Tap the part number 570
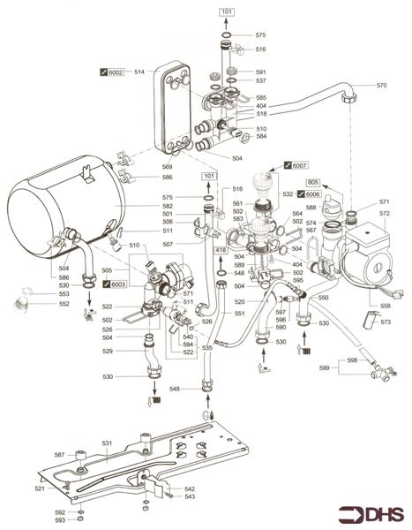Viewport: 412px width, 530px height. point(381,86)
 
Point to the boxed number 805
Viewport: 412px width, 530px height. point(312,182)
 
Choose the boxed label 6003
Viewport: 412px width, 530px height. point(116,284)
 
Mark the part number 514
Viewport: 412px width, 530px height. point(139,71)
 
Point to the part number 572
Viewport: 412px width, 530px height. point(385,214)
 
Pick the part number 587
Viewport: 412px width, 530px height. point(59,455)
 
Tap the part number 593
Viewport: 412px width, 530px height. point(59,520)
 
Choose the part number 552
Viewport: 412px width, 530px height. point(39,304)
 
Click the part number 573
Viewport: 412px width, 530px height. point(385,322)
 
